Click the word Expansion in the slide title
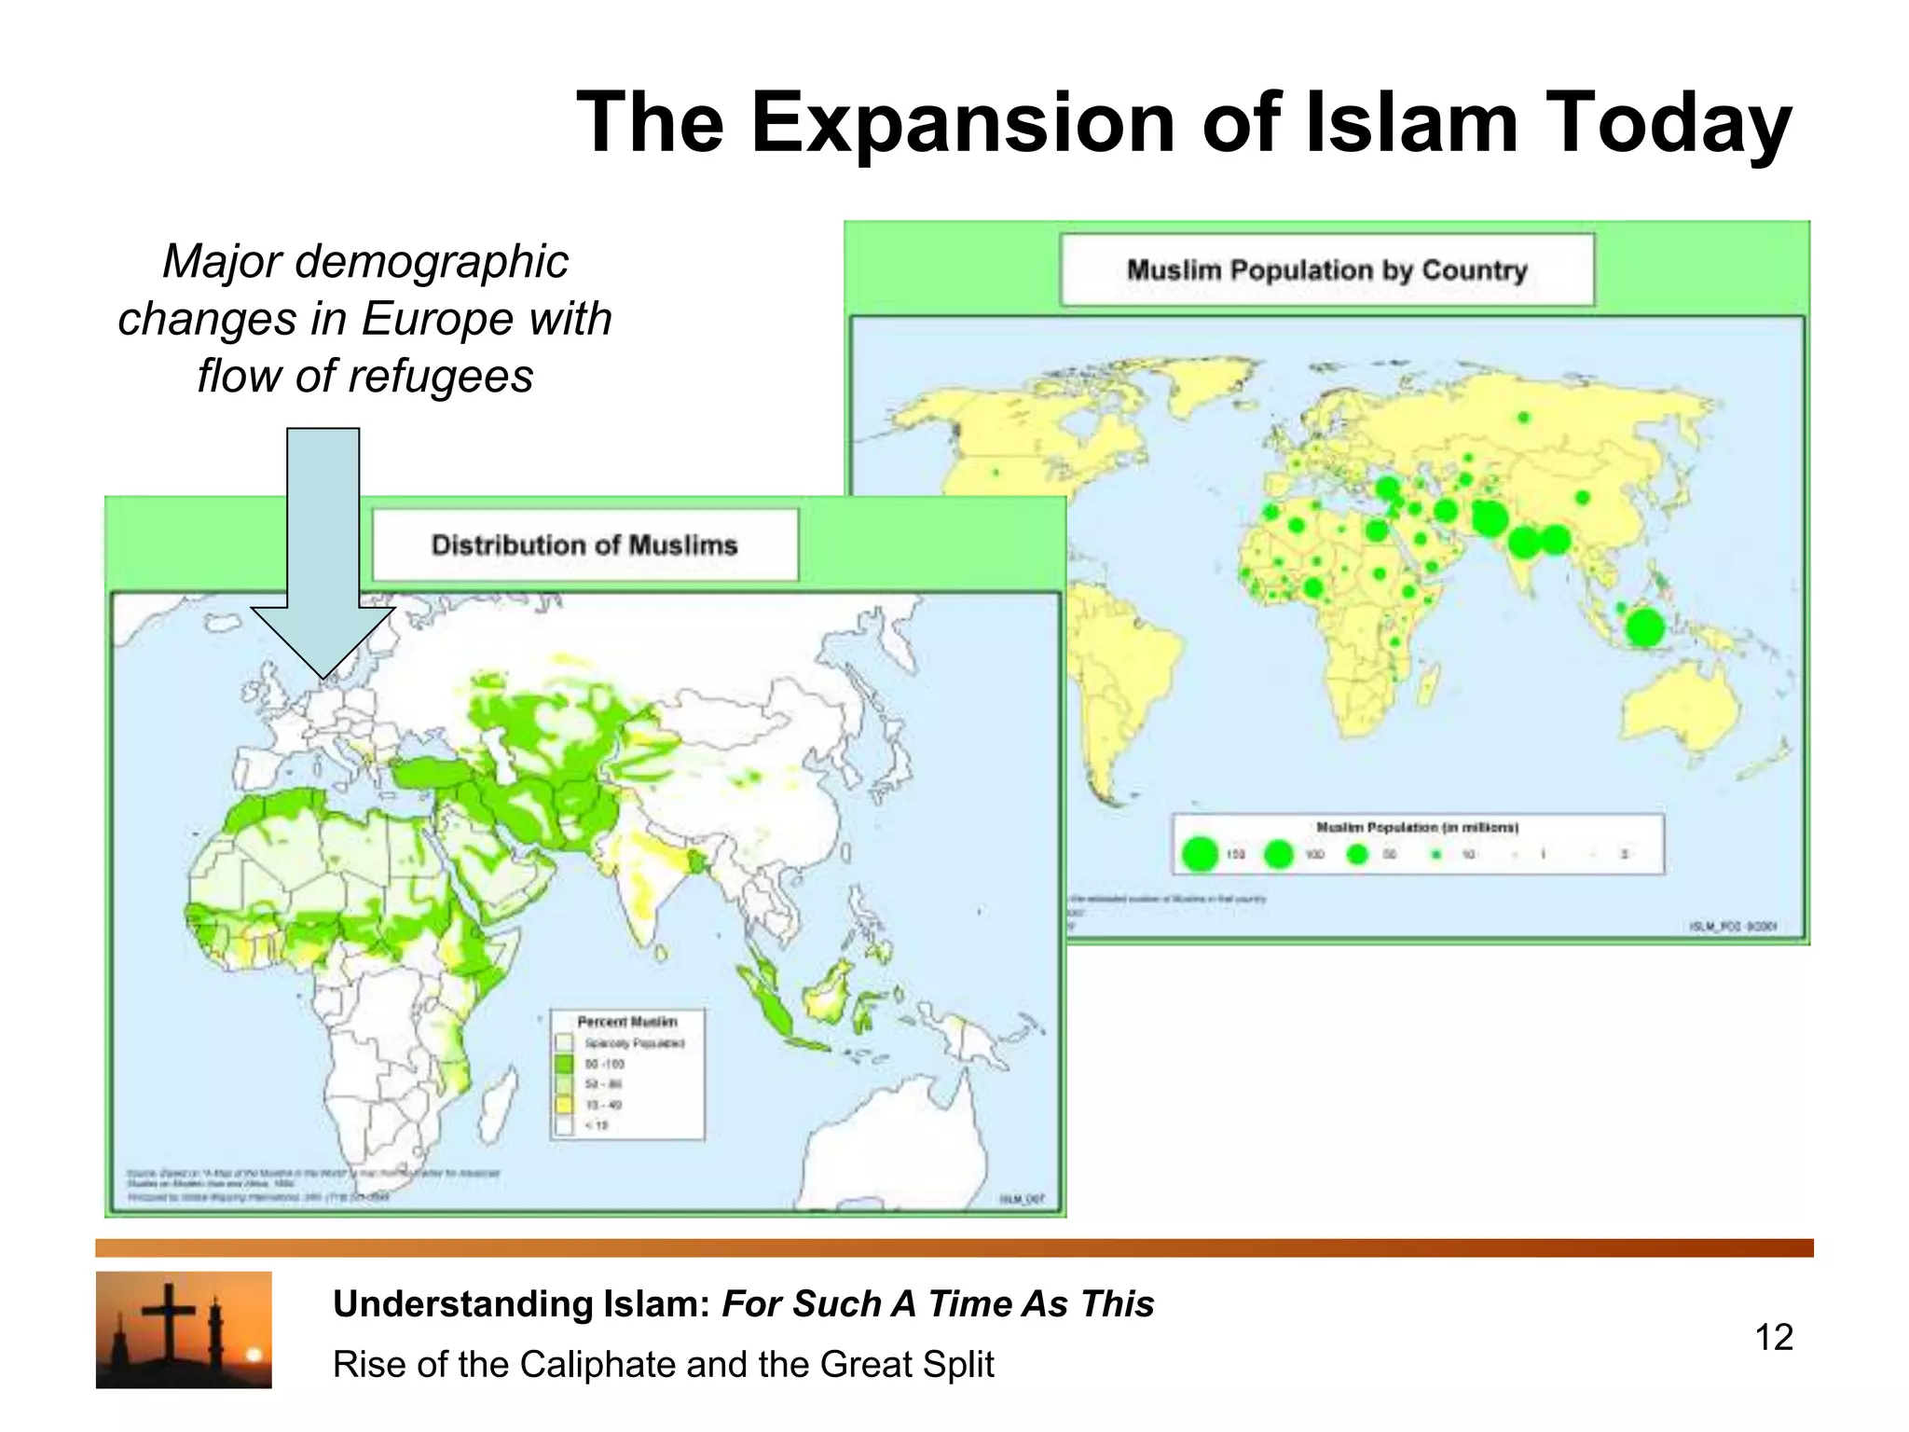(964, 123)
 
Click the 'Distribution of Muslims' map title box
(584, 545)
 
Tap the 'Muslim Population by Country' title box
(1326, 270)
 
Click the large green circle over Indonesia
(1645, 627)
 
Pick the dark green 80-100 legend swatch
(564, 1064)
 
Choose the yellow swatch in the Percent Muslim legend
(564, 1105)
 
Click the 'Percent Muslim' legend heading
(626, 1022)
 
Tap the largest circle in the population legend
(1200, 853)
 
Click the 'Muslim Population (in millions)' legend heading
(1417, 827)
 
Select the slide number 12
(1774, 1338)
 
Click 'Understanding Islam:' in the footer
(523, 1304)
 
